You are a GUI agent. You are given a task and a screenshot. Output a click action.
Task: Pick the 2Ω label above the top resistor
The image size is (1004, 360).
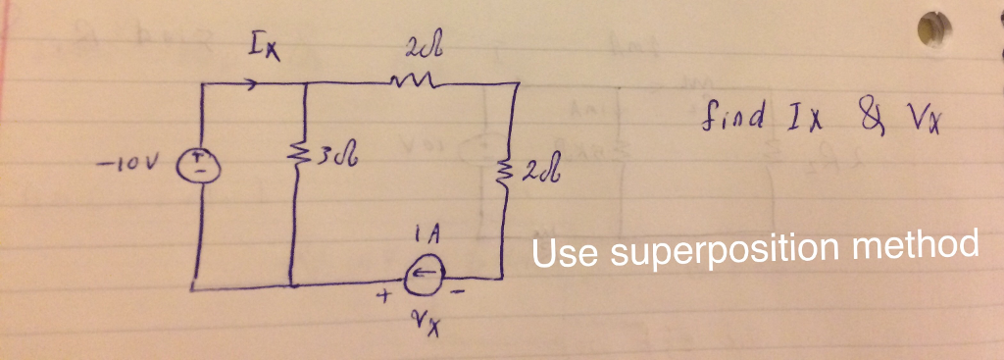point(411,48)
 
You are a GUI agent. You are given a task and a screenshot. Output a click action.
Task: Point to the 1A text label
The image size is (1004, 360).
point(426,240)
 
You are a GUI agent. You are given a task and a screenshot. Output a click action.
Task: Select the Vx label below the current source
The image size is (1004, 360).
point(424,325)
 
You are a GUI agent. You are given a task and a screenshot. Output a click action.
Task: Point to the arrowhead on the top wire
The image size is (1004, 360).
point(254,85)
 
